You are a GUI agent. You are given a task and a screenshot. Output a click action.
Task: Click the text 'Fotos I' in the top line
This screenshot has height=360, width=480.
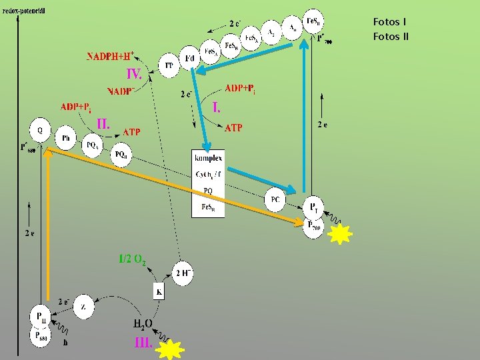[390, 22]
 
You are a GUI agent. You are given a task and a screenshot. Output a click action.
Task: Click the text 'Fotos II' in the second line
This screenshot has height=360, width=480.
[391, 36]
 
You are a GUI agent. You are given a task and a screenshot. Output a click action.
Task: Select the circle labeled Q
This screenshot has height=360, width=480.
[41, 129]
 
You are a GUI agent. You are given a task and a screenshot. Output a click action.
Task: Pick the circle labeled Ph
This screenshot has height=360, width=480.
[66, 137]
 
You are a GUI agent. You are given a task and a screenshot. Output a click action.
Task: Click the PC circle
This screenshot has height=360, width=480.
[275, 199]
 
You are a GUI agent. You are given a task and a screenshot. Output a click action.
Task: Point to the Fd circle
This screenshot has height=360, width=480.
[189, 59]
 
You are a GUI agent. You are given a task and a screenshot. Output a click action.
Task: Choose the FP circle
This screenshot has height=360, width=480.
[169, 65]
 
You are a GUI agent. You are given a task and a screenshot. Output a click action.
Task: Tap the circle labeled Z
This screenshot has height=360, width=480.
[83, 307]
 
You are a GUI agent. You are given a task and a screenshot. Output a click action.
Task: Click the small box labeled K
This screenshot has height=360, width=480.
[159, 292]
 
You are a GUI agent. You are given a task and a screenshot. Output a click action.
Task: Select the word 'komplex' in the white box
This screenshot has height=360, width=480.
[209, 158]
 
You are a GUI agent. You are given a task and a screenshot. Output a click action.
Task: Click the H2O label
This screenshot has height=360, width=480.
[144, 324]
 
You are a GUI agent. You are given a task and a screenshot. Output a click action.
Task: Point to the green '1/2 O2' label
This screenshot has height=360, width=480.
[133, 259]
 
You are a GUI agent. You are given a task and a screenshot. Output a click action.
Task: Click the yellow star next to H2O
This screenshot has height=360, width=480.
[173, 349]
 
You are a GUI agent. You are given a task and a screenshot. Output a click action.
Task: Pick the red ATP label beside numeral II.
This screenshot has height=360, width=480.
[132, 132]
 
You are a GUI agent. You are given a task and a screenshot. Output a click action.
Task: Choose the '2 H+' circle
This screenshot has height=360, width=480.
[184, 273]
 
